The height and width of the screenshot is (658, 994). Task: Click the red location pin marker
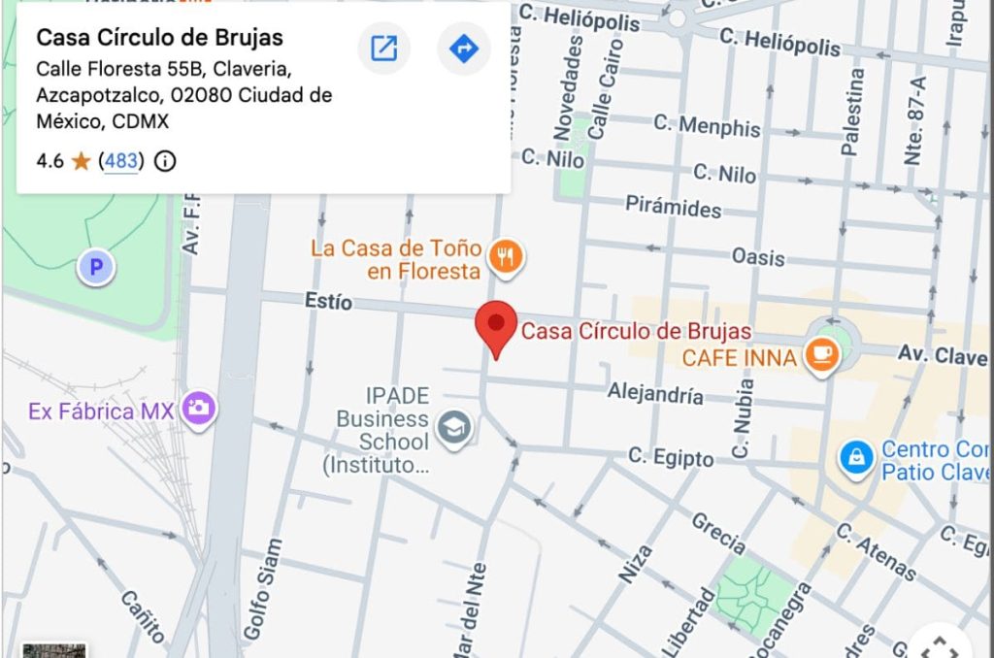click(x=496, y=326)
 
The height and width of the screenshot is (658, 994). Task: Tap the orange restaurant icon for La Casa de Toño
click(x=506, y=256)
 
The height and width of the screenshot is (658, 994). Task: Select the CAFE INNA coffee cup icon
click(x=822, y=356)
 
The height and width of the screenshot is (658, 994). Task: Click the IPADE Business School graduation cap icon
click(x=453, y=428)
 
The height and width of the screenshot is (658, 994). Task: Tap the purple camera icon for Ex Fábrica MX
click(x=200, y=409)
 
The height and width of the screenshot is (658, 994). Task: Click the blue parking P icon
click(x=96, y=266)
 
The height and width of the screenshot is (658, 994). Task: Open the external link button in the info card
click(x=384, y=49)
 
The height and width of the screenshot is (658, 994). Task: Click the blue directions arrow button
click(x=464, y=49)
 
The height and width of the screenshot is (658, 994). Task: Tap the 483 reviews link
click(x=121, y=161)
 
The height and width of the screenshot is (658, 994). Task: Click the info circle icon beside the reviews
click(x=166, y=161)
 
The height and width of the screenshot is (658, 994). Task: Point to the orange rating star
click(x=81, y=161)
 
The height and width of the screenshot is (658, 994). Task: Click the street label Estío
click(x=328, y=303)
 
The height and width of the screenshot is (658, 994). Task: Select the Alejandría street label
click(x=655, y=394)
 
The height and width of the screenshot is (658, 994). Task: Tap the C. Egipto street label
click(x=671, y=458)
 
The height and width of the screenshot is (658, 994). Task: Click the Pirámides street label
click(x=673, y=208)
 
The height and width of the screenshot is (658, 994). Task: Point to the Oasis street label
click(x=759, y=257)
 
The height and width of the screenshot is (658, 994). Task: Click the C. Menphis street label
click(x=707, y=126)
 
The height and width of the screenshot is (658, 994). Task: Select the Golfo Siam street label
click(x=260, y=588)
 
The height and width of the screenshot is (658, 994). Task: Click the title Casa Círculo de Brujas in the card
click(x=159, y=38)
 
